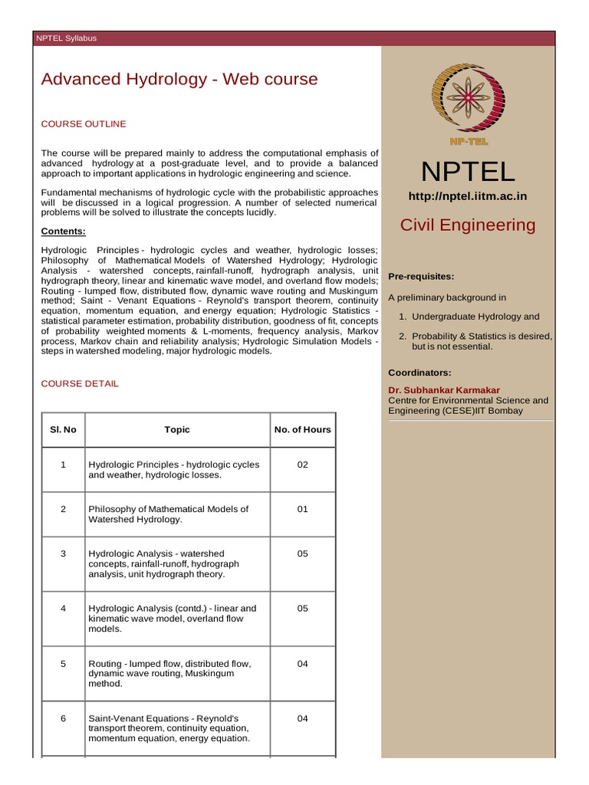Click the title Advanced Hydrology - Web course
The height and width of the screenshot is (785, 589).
179,79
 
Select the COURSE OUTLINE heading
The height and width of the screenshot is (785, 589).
83,123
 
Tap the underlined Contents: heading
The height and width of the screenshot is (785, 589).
63,232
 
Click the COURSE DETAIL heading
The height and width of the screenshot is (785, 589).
80,383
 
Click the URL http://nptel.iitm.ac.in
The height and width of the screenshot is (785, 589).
467,196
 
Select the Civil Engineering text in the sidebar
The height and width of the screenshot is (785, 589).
468,225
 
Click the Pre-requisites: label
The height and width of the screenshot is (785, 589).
421,276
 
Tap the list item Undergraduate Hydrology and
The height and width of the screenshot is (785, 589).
475,317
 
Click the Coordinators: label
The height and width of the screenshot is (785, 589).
419,373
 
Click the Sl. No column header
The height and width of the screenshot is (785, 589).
63,429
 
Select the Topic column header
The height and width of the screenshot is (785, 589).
177,429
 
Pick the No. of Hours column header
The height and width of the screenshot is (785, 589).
302,429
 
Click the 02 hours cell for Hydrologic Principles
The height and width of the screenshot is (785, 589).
302,465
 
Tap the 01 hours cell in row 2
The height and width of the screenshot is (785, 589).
302,509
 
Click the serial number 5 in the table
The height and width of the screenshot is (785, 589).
63,664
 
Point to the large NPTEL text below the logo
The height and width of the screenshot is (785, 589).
468,172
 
